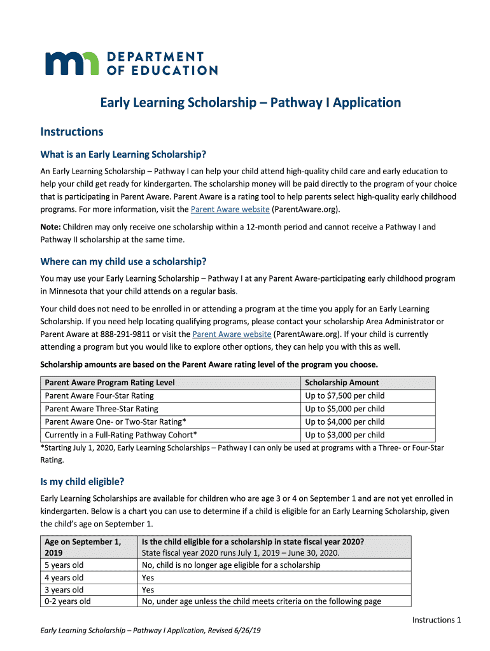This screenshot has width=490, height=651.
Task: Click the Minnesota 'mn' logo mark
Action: pos(71,63)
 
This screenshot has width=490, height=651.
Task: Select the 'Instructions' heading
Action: pos(71,132)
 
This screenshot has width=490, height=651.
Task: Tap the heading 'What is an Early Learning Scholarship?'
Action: pos(123,154)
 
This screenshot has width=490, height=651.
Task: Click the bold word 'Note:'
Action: pos(51,226)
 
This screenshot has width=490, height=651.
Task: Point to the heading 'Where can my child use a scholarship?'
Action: pos(123,262)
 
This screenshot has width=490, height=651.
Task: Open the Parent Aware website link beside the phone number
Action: pos(232,334)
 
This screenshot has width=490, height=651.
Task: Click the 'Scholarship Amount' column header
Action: pos(342,383)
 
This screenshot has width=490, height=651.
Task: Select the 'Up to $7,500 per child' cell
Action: pos(344,395)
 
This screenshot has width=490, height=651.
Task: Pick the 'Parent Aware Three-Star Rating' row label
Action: pos(101,409)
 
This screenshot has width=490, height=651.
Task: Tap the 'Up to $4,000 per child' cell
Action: pos(344,421)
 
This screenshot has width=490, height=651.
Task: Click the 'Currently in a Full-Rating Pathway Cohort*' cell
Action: pos(120,435)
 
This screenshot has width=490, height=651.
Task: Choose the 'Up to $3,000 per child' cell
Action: pos(344,435)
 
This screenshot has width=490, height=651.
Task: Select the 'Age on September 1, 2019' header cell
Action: pos(83,547)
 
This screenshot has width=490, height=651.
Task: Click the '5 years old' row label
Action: pos(64,565)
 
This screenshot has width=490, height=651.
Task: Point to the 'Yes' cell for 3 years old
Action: pos(148,589)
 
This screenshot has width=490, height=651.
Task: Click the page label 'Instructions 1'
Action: pos(436,620)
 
